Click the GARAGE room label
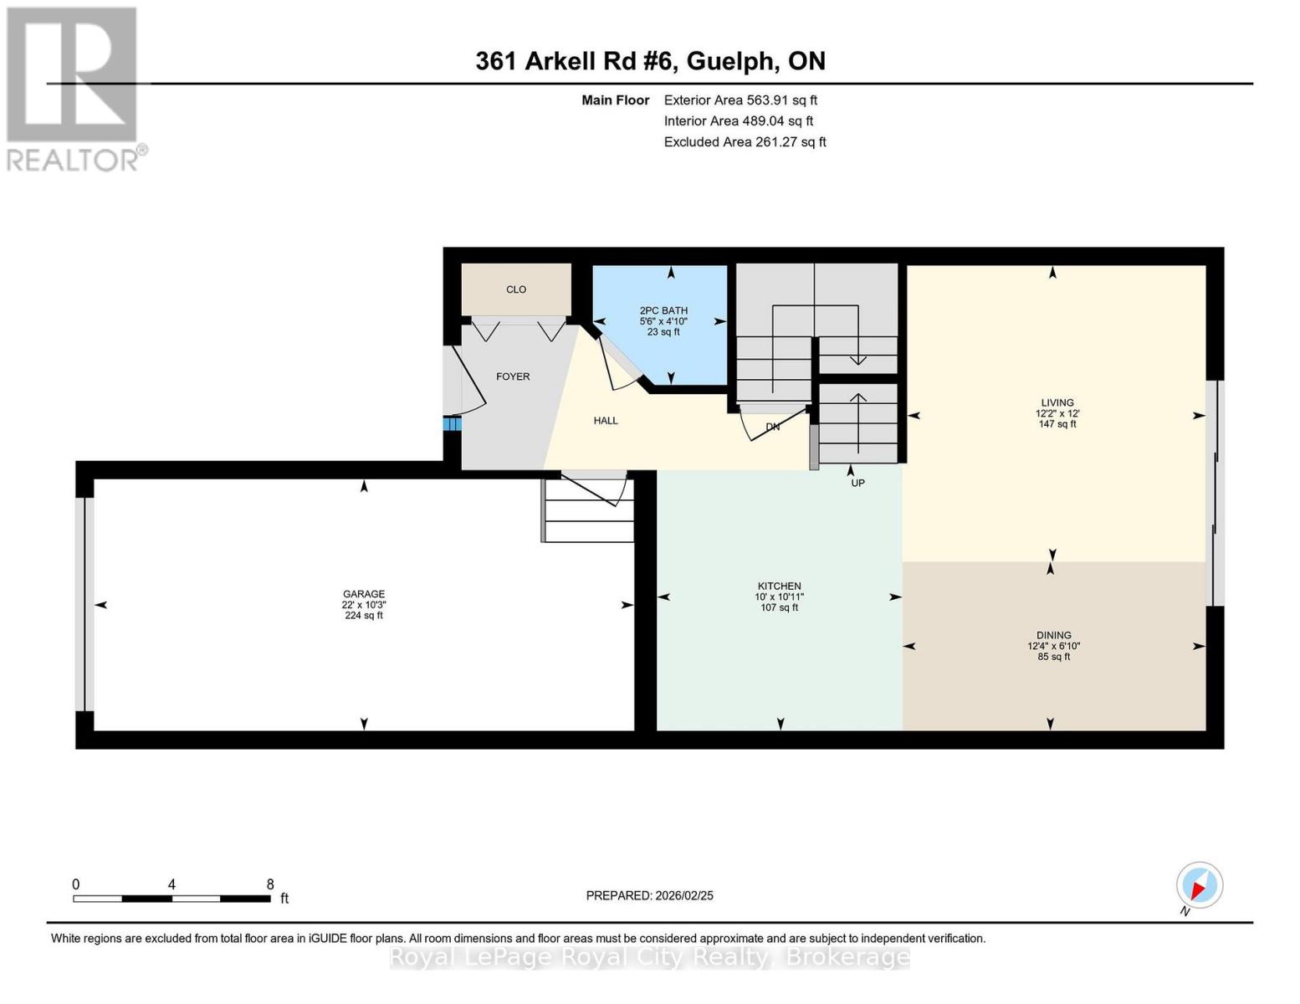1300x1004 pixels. [363, 594]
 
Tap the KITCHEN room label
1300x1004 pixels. [779, 586]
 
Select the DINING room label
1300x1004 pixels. [1053, 635]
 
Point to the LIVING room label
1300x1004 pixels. [1057, 402]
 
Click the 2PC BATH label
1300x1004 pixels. [663, 310]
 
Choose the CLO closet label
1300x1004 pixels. [516, 289]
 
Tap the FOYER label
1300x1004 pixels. [513, 376]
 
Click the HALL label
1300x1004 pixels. [606, 421]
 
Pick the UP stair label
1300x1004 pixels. [857, 483]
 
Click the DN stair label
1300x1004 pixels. [773, 427]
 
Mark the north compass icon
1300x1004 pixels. [1200, 885]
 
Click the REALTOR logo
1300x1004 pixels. [74, 88]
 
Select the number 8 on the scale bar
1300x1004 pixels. [270, 884]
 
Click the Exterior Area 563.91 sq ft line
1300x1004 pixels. [740, 100]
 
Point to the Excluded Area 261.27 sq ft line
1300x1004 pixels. [745, 142]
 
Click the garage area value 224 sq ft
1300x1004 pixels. [364, 616]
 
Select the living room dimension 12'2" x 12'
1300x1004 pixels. [1057, 413]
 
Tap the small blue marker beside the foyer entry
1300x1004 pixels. [452, 424]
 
